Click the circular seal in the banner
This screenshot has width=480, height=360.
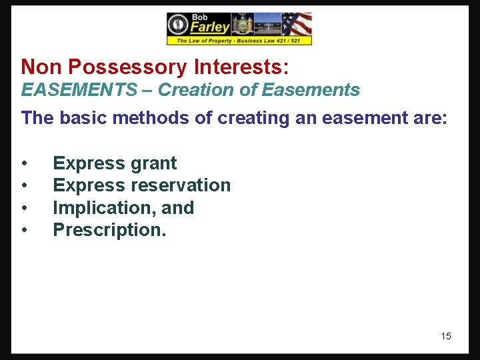(x=178, y=25)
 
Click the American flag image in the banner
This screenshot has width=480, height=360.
(x=297, y=24)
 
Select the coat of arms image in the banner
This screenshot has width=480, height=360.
(x=242, y=24)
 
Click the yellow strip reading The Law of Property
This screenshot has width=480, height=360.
(x=239, y=41)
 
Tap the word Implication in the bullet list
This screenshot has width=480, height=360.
(x=104, y=208)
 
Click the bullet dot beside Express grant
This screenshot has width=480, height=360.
(x=25, y=164)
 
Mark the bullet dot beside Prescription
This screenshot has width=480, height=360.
(x=25, y=231)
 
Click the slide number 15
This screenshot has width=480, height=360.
(x=446, y=336)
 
